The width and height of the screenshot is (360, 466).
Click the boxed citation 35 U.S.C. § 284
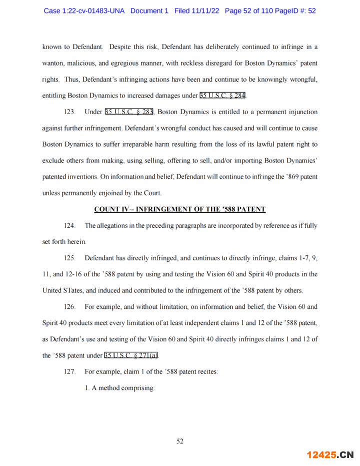tap(223, 95)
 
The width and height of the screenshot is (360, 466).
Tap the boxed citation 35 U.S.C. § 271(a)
tap(131, 355)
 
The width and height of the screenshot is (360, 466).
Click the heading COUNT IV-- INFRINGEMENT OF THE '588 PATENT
tap(180, 209)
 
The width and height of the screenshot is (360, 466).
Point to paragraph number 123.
tap(70, 112)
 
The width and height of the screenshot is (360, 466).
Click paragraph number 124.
tap(70, 226)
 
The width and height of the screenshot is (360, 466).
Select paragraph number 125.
tap(70, 258)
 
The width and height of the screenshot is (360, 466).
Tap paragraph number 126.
tap(70, 307)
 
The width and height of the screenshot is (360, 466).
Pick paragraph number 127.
tap(70, 372)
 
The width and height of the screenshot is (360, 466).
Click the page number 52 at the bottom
tap(180, 441)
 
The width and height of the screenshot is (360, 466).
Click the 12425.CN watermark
tap(330, 454)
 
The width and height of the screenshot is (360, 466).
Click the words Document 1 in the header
tap(149, 11)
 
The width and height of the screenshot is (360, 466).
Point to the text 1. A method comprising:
tap(120, 388)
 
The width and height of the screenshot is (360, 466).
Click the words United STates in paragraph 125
tap(63, 290)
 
